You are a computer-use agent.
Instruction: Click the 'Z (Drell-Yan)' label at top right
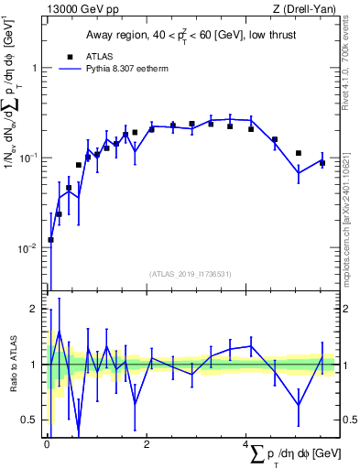[301, 9]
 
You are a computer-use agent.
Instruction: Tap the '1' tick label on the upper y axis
[33, 69]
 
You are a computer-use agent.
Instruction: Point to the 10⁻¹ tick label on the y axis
[29, 158]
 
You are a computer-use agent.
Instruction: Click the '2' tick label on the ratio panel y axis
[33, 310]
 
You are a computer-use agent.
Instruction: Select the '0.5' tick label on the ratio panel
[29, 420]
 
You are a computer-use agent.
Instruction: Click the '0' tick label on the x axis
[46, 443]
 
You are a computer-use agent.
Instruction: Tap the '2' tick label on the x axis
[147, 443]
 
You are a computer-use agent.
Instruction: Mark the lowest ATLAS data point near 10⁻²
[50, 240]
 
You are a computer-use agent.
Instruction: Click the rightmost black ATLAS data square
[322, 163]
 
